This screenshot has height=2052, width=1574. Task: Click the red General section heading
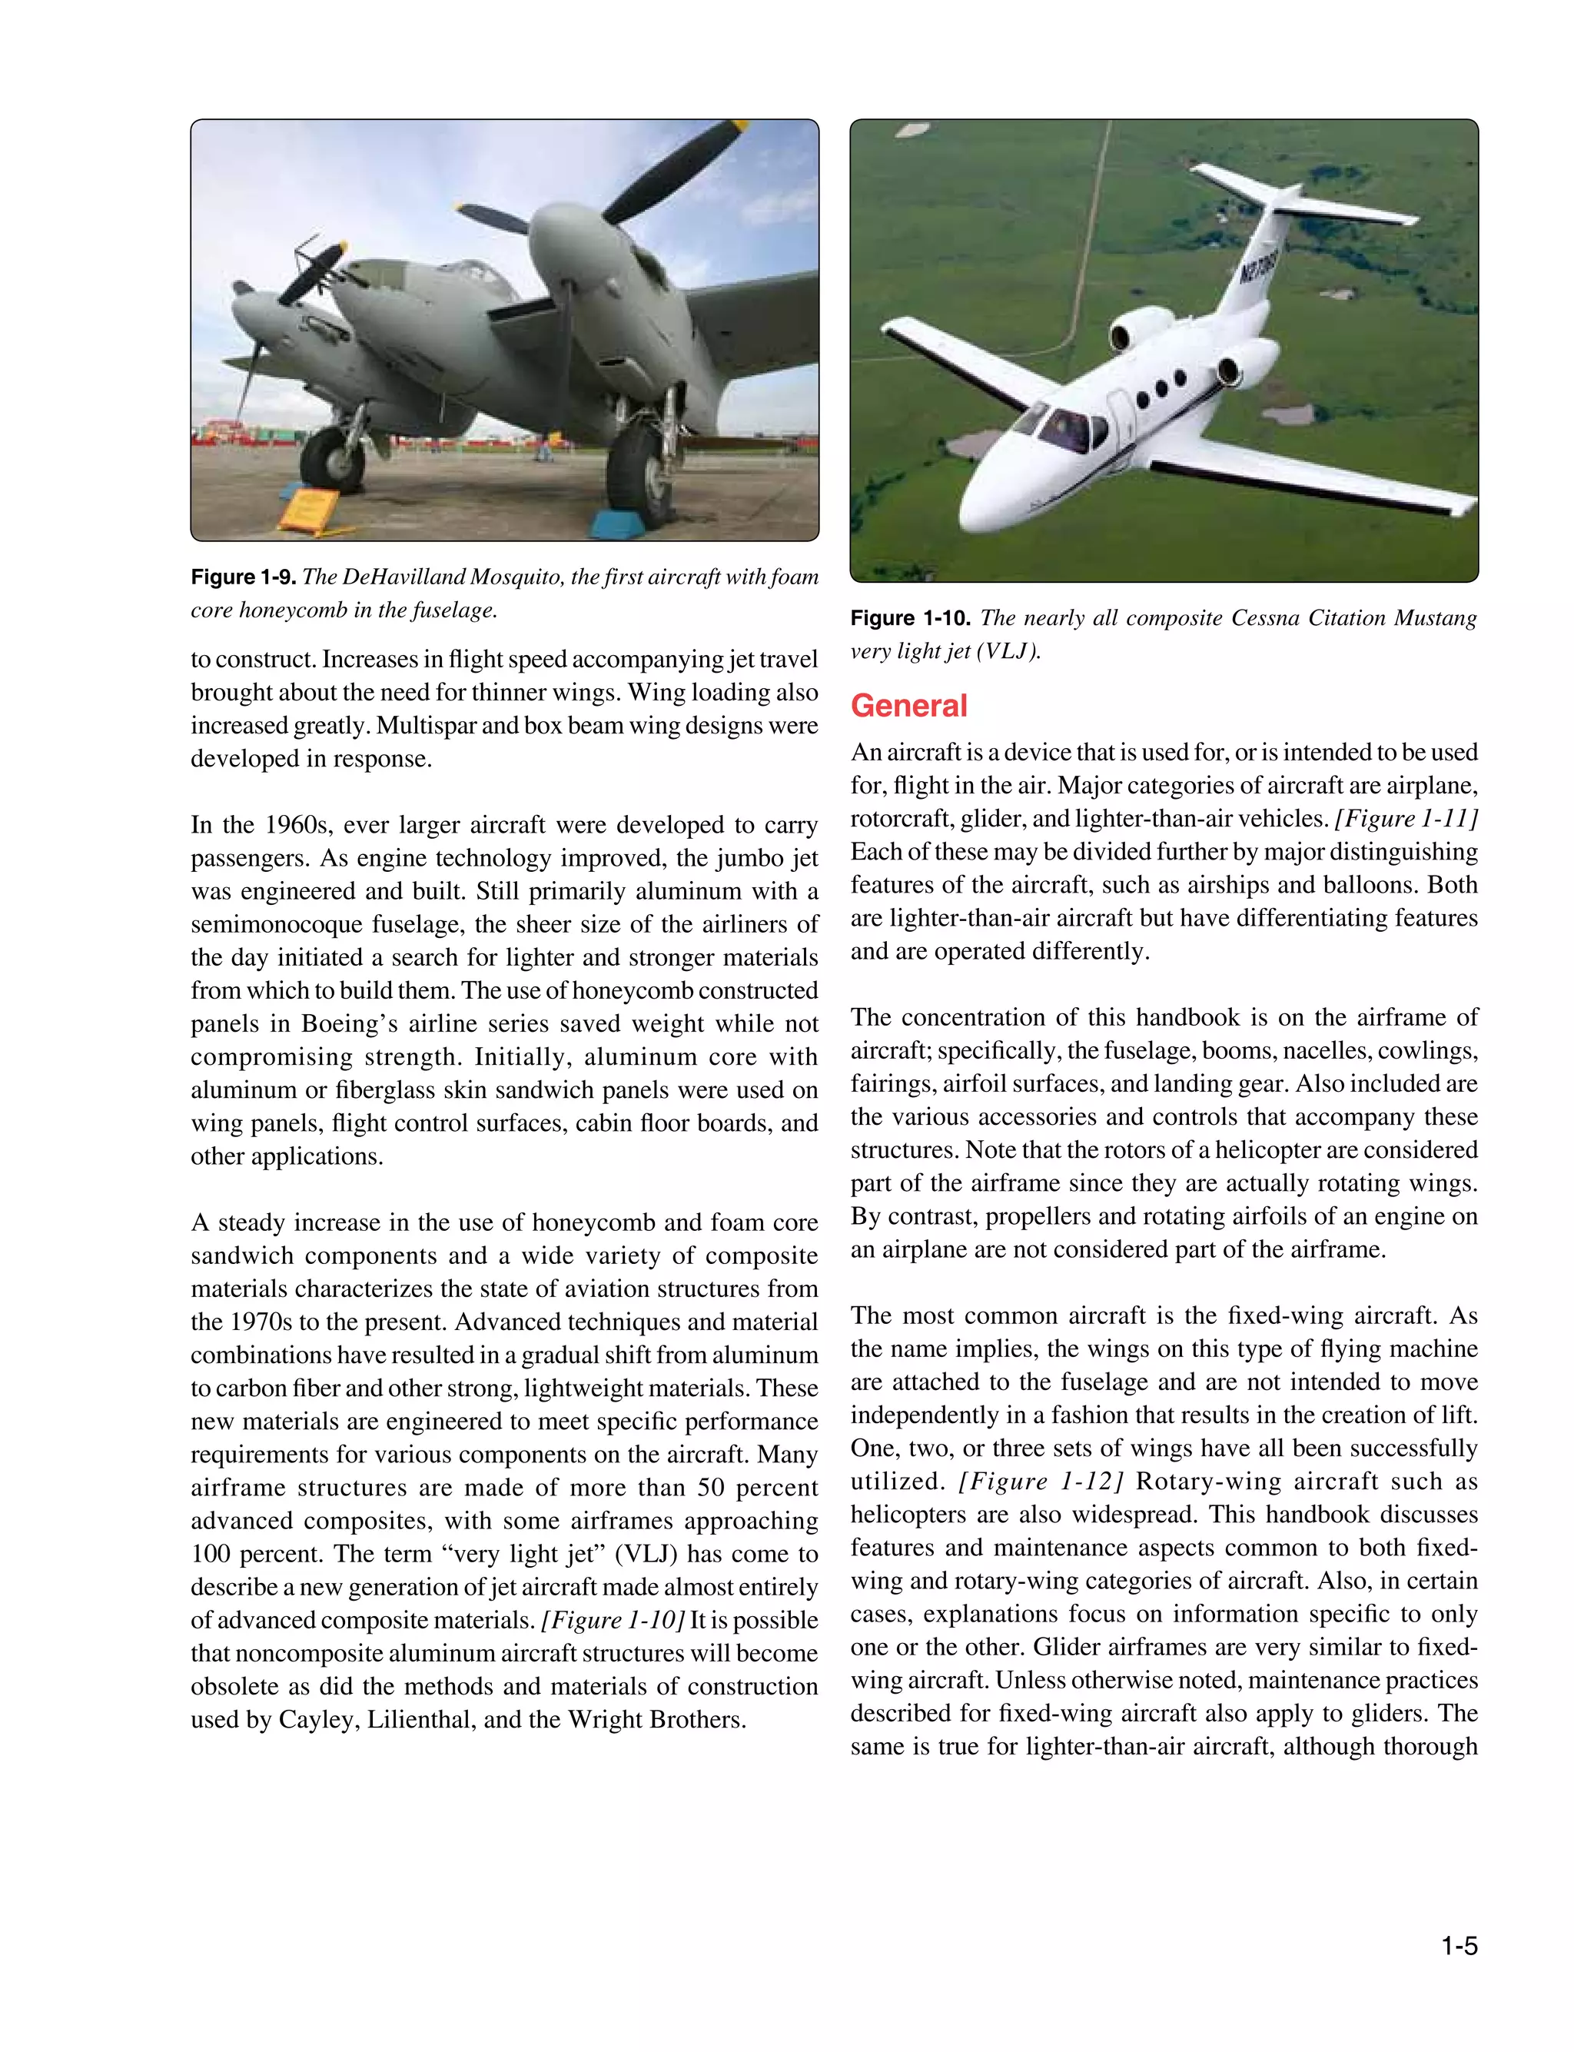pos(908,706)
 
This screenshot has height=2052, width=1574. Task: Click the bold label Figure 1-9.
pos(243,577)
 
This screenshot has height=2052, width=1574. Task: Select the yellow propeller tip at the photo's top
pos(739,125)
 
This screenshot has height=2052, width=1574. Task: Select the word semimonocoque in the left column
pos(275,924)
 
